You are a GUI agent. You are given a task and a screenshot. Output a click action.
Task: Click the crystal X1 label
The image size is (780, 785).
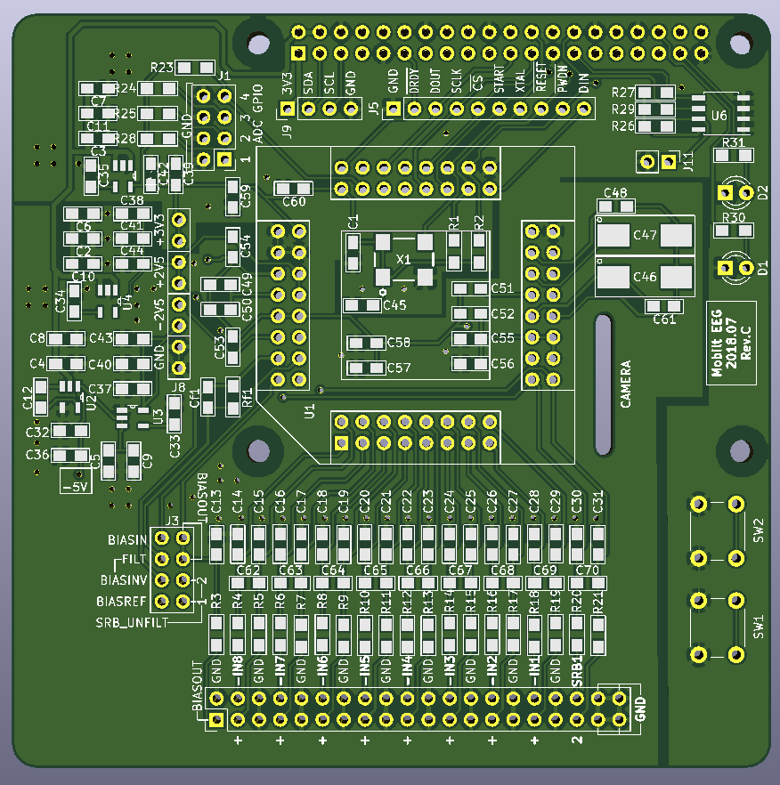point(403,259)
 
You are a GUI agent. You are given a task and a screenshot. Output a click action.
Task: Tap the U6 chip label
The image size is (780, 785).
point(719,116)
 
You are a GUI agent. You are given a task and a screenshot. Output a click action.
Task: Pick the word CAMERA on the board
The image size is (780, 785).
point(626,384)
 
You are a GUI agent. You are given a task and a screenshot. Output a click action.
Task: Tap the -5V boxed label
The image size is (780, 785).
point(77,487)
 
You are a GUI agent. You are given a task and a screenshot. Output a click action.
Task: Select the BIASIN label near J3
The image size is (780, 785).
point(127,540)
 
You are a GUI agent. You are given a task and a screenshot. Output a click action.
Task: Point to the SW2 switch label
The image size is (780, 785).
point(759,530)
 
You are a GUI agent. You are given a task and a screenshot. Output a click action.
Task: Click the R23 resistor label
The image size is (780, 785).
point(162,68)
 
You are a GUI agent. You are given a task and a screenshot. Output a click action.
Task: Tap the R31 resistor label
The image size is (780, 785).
point(734,142)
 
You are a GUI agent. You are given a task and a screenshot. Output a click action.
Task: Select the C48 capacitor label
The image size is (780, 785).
point(615,193)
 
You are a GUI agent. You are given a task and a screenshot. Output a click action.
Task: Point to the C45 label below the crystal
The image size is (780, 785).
point(394,306)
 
